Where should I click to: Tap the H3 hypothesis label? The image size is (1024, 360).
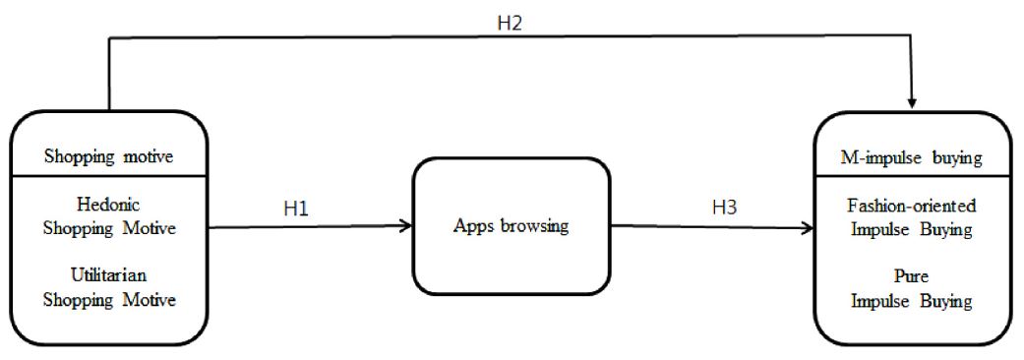(x=725, y=209)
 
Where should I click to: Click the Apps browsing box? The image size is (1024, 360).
(x=511, y=226)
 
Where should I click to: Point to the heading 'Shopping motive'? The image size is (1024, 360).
(x=109, y=153)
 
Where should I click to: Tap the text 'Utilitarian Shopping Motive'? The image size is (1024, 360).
(x=110, y=286)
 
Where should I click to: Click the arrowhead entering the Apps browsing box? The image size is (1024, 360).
(x=404, y=226)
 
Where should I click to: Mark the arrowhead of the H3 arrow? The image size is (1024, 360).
(x=808, y=228)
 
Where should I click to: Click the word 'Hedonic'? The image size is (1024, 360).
(x=109, y=206)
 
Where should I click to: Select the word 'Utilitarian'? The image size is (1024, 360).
(x=109, y=275)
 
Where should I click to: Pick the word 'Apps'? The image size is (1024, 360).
(x=471, y=226)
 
